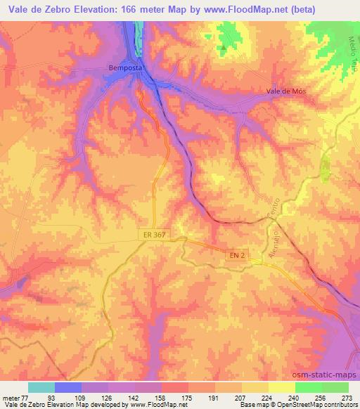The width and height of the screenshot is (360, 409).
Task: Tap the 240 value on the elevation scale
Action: pyautogui.click(x=295, y=397)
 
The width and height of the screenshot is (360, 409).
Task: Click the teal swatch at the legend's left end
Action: pyautogui.click(x=41, y=387)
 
